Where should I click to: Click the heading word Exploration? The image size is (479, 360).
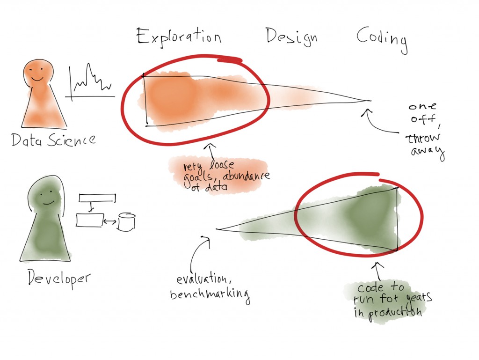[x=179, y=37]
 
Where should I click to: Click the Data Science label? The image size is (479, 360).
[x=53, y=140]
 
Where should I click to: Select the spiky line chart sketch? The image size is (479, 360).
[x=90, y=81]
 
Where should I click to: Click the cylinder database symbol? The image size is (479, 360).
[x=126, y=222]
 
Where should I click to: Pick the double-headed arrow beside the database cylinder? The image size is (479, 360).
[x=110, y=221]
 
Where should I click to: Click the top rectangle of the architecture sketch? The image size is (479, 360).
[x=97, y=198]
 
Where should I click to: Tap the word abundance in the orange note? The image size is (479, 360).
[x=246, y=176]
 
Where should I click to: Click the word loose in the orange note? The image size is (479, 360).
[x=221, y=165]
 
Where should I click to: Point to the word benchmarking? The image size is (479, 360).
[x=210, y=295]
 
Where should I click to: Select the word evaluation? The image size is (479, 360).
[x=202, y=279]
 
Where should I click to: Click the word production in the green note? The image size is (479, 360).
[x=395, y=313]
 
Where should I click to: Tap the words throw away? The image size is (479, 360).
[x=425, y=145]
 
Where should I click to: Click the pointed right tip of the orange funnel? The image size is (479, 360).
[x=371, y=101]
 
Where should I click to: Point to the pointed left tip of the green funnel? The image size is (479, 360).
[x=217, y=229]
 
